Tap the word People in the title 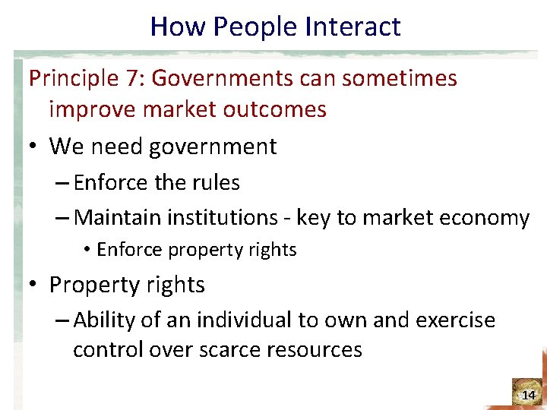click(x=255, y=27)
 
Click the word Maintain click(x=119, y=219)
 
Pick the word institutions click(x=223, y=219)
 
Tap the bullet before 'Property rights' click(x=35, y=285)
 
